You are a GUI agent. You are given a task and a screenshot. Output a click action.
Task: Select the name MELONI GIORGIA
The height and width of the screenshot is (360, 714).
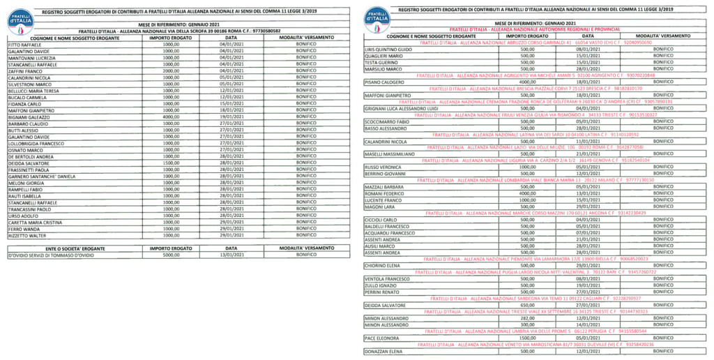(24, 182)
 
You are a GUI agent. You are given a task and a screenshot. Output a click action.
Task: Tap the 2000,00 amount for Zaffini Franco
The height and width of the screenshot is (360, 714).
(172, 70)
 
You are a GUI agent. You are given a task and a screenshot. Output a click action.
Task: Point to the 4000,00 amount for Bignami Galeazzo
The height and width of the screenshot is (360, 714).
(172, 116)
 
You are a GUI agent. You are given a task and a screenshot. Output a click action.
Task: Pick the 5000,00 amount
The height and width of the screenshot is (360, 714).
(172, 255)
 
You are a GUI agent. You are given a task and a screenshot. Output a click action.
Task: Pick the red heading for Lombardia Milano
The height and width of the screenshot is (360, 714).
(535, 180)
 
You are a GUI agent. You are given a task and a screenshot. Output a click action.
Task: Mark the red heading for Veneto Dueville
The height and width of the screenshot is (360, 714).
(535, 345)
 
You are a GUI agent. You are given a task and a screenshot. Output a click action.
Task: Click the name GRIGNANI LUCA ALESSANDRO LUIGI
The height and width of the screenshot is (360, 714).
(401, 108)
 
